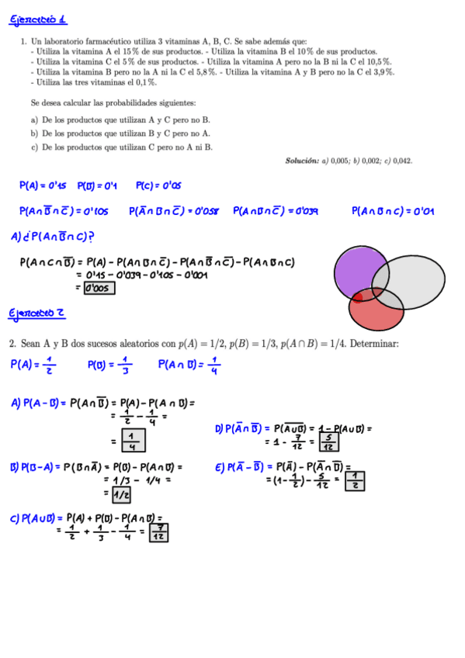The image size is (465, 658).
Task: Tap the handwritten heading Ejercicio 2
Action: click(x=36, y=313)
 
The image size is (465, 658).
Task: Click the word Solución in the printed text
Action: click(x=302, y=161)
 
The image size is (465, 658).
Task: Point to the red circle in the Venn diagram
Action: click(x=376, y=310)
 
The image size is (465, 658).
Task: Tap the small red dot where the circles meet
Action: click(x=358, y=296)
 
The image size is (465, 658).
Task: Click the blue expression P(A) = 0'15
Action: click(x=43, y=185)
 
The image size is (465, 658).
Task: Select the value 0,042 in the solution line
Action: click(x=401, y=161)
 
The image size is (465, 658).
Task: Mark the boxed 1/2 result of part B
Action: click(x=120, y=493)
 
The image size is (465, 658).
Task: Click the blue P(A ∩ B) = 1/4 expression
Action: click(x=189, y=365)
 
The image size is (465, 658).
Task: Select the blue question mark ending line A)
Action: click(x=92, y=237)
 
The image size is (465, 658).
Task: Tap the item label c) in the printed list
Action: click(x=35, y=147)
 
